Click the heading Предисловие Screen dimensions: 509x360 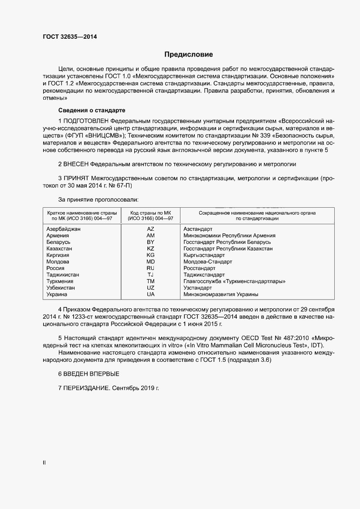pos(188,55)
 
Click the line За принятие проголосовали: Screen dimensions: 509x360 pos(98,199)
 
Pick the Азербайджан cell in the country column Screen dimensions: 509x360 pos(63,229)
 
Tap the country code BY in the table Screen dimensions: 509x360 pos(151,242)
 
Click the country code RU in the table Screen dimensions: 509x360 pos(151,268)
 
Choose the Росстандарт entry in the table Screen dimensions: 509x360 pos(199,268)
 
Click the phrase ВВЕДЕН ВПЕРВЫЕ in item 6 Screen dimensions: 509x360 pos(91,374)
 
